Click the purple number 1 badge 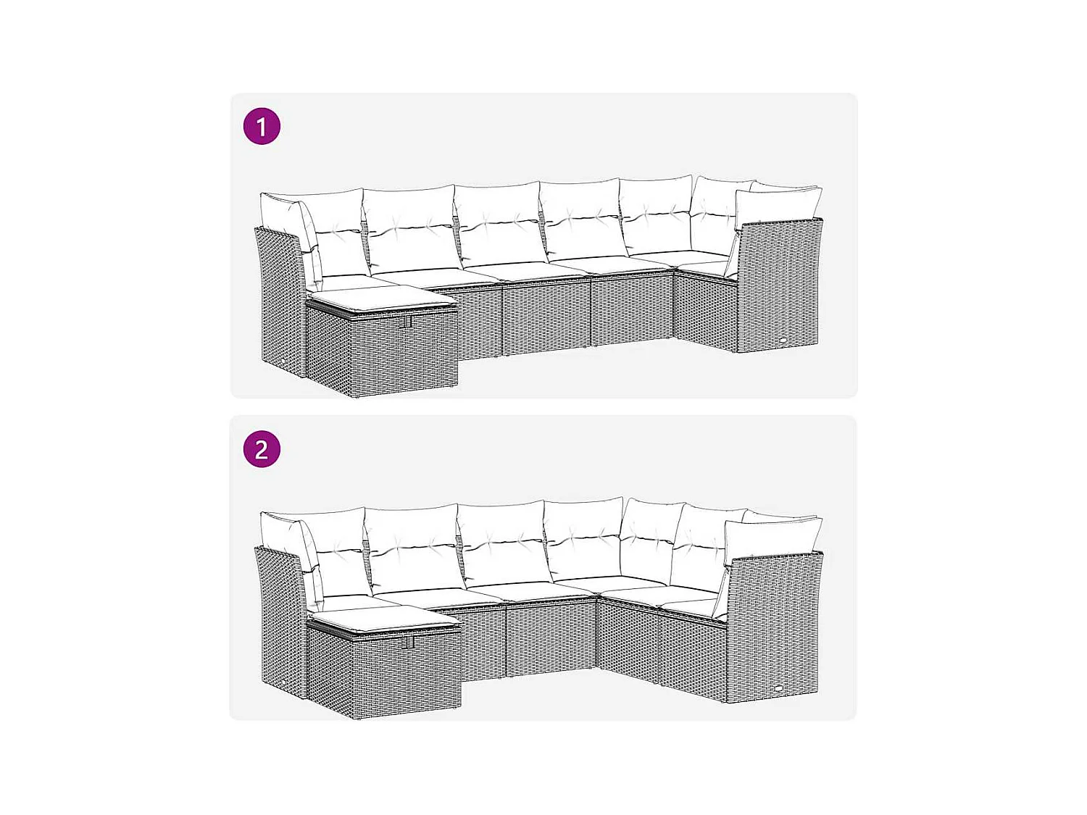pos(262,127)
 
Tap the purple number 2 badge pos(262,449)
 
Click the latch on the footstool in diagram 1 pos(407,320)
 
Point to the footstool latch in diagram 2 pos(409,642)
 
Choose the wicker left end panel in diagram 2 pos(281,623)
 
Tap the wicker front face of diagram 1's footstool pos(383,355)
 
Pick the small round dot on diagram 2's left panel pos(285,683)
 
